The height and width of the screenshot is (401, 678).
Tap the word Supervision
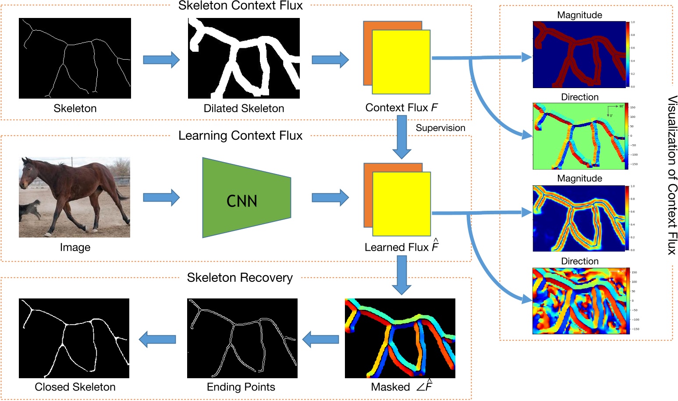(x=440, y=128)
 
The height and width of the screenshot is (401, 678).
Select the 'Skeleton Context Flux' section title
(x=240, y=6)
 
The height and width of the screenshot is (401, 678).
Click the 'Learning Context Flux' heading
(x=240, y=135)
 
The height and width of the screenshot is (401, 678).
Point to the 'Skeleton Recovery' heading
(x=240, y=277)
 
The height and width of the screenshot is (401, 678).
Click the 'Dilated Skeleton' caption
(x=244, y=108)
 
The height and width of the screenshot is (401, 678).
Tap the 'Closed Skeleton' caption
(x=75, y=387)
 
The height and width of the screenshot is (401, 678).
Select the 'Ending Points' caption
(x=241, y=387)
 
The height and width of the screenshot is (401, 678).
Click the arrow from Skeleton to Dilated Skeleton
(x=161, y=60)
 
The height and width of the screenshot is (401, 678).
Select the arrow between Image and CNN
(x=161, y=198)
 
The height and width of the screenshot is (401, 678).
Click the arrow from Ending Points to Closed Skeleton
(x=157, y=339)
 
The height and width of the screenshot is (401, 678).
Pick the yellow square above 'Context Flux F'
(x=401, y=62)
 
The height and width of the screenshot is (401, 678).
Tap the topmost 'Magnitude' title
(x=579, y=15)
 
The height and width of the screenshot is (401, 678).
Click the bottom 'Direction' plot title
(x=579, y=261)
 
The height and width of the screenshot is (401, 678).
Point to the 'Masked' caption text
(x=390, y=387)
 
